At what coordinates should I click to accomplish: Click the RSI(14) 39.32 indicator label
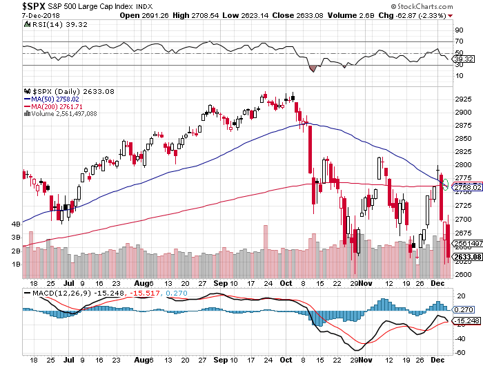pos(49,23)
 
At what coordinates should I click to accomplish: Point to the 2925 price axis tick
pos(463,99)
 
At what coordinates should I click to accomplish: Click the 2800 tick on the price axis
pos(463,165)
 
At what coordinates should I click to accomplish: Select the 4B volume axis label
pos(16,224)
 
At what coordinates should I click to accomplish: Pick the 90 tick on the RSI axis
pos(457,30)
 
